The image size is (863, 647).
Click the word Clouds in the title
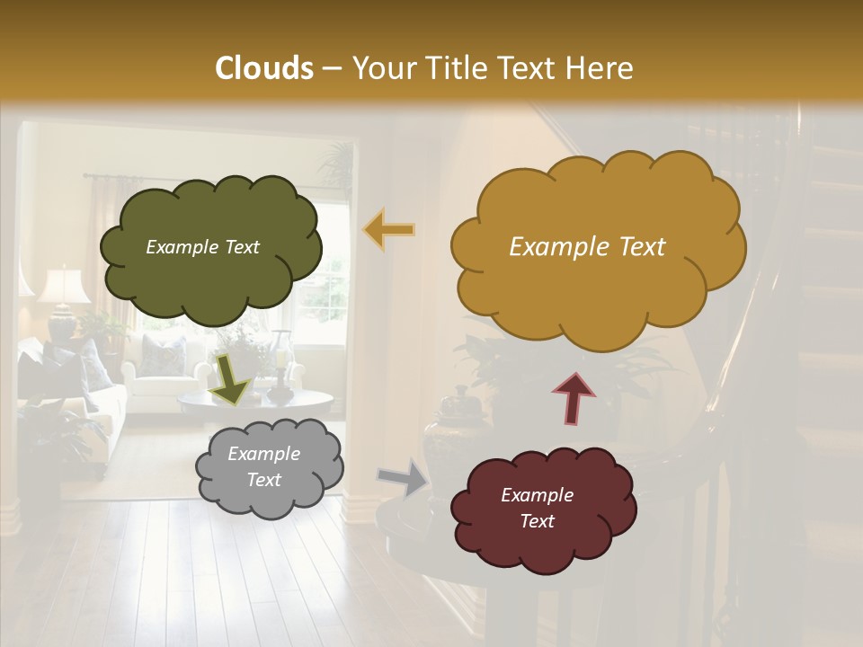(x=264, y=68)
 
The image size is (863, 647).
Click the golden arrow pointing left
(x=389, y=230)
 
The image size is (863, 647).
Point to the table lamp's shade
(x=63, y=286)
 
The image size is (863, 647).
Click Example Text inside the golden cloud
(x=587, y=247)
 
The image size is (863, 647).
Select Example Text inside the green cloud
(x=202, y=247)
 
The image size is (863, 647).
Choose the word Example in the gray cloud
(x=263, y=454)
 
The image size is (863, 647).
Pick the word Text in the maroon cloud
(x=537, y=521)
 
